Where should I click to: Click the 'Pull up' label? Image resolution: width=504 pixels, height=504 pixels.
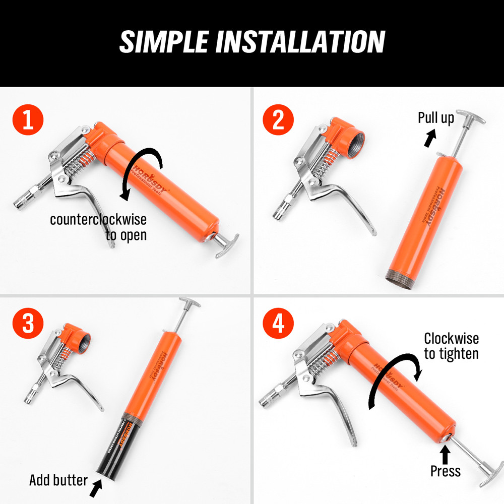pyautogui.click(x=435, y=118)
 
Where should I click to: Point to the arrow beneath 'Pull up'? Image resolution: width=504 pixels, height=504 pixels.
pyautogui.click(x=429, y=138)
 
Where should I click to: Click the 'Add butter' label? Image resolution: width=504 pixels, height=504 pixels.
pyautogui.click(x=58, y=479)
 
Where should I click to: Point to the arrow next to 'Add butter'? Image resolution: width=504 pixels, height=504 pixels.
pyautogui.click(x=96, y=487)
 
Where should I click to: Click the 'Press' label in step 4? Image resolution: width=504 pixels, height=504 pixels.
pyautogui.click(x=445, y=471)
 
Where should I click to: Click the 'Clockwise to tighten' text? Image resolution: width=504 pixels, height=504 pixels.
pyautogui.click(x=451, y=346)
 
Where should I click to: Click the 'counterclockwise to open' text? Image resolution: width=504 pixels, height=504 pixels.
pyautogui.click(x=98, y=227)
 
